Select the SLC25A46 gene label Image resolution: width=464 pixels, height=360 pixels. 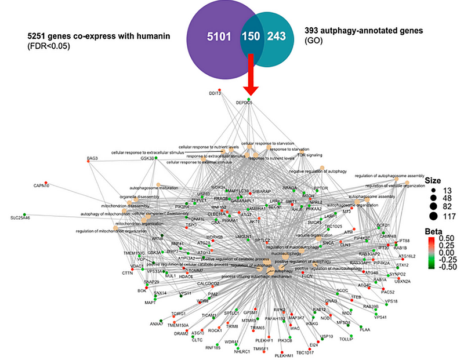[20, 217]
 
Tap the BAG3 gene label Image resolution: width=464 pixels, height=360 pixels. [93, 158]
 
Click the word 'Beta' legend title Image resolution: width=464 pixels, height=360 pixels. [433, 230]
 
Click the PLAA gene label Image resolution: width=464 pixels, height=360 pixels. [364, 329]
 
